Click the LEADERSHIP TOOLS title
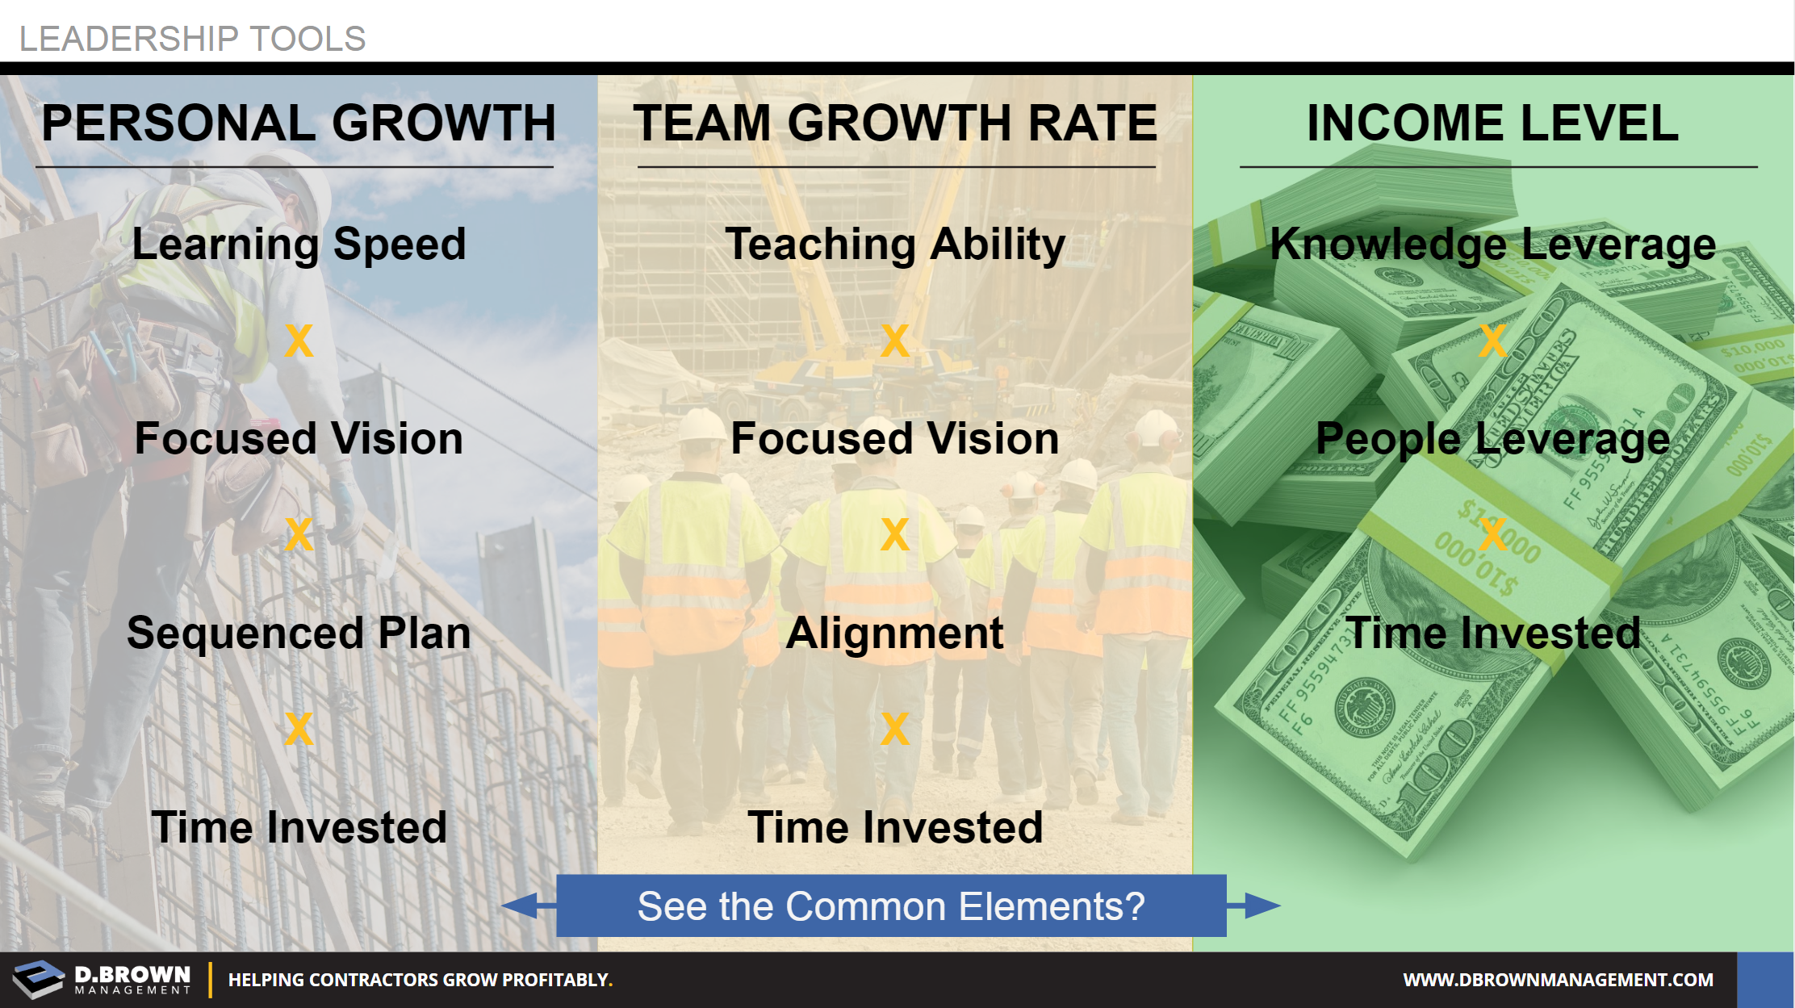[x=192, y=39]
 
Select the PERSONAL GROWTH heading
[x=299, y=123]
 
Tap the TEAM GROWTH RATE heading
[x=895, y=123]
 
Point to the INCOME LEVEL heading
[x=1492, y=123]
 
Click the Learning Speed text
[x=299, y=245]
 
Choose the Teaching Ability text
[x=895, y=245]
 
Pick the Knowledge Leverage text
[x=1492, y=245]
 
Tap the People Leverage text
[x=1492, y=440]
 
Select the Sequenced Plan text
[x=299, y=634]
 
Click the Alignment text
[x=895, y=634]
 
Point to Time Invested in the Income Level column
[x=1492, y=633]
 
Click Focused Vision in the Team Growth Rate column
[x=895, y=438]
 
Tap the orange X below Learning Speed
[x=299, y=341]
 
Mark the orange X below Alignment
[x=895, y=729]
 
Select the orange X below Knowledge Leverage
[x=1492, y=341]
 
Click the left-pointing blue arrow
[x=529, y=906]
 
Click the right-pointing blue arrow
[x=1253, y=906]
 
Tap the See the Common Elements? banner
[x=891, y=906]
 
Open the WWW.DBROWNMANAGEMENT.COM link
[x=1558, y=980]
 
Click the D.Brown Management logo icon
[x=38, y=979]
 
